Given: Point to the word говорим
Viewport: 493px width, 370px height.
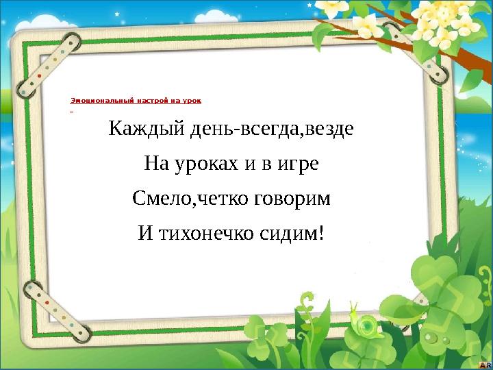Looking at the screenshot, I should tap(299, 199).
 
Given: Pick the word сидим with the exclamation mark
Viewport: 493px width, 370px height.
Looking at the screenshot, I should tap(292, 234).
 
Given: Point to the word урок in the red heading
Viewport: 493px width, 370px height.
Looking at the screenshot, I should tap(192, 100).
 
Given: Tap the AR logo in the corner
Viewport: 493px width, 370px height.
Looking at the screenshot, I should tap(484, 363).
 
